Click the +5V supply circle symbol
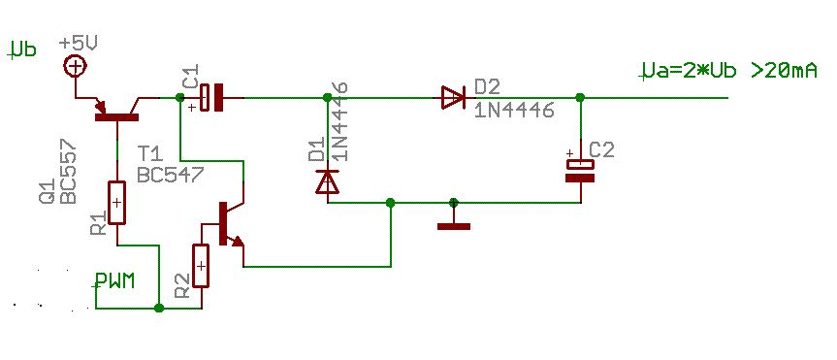coord(76,67)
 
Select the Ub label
coord(22,50)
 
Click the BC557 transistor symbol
coord(117,111)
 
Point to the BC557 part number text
coord(68,173)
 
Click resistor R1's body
coord(117,203)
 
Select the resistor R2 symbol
coord(201,266)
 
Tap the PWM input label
coord(114,281)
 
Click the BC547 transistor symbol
coord(231,224)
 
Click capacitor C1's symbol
coord(211,98)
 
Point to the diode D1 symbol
coord(327,181)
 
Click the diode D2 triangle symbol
coord(453,98)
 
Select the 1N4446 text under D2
coord(514,111)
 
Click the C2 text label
coord(602,150)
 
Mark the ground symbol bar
coord(454,226)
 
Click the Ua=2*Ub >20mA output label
coord(729,71)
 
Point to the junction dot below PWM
coord(158,309)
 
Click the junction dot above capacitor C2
coord(580,98)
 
